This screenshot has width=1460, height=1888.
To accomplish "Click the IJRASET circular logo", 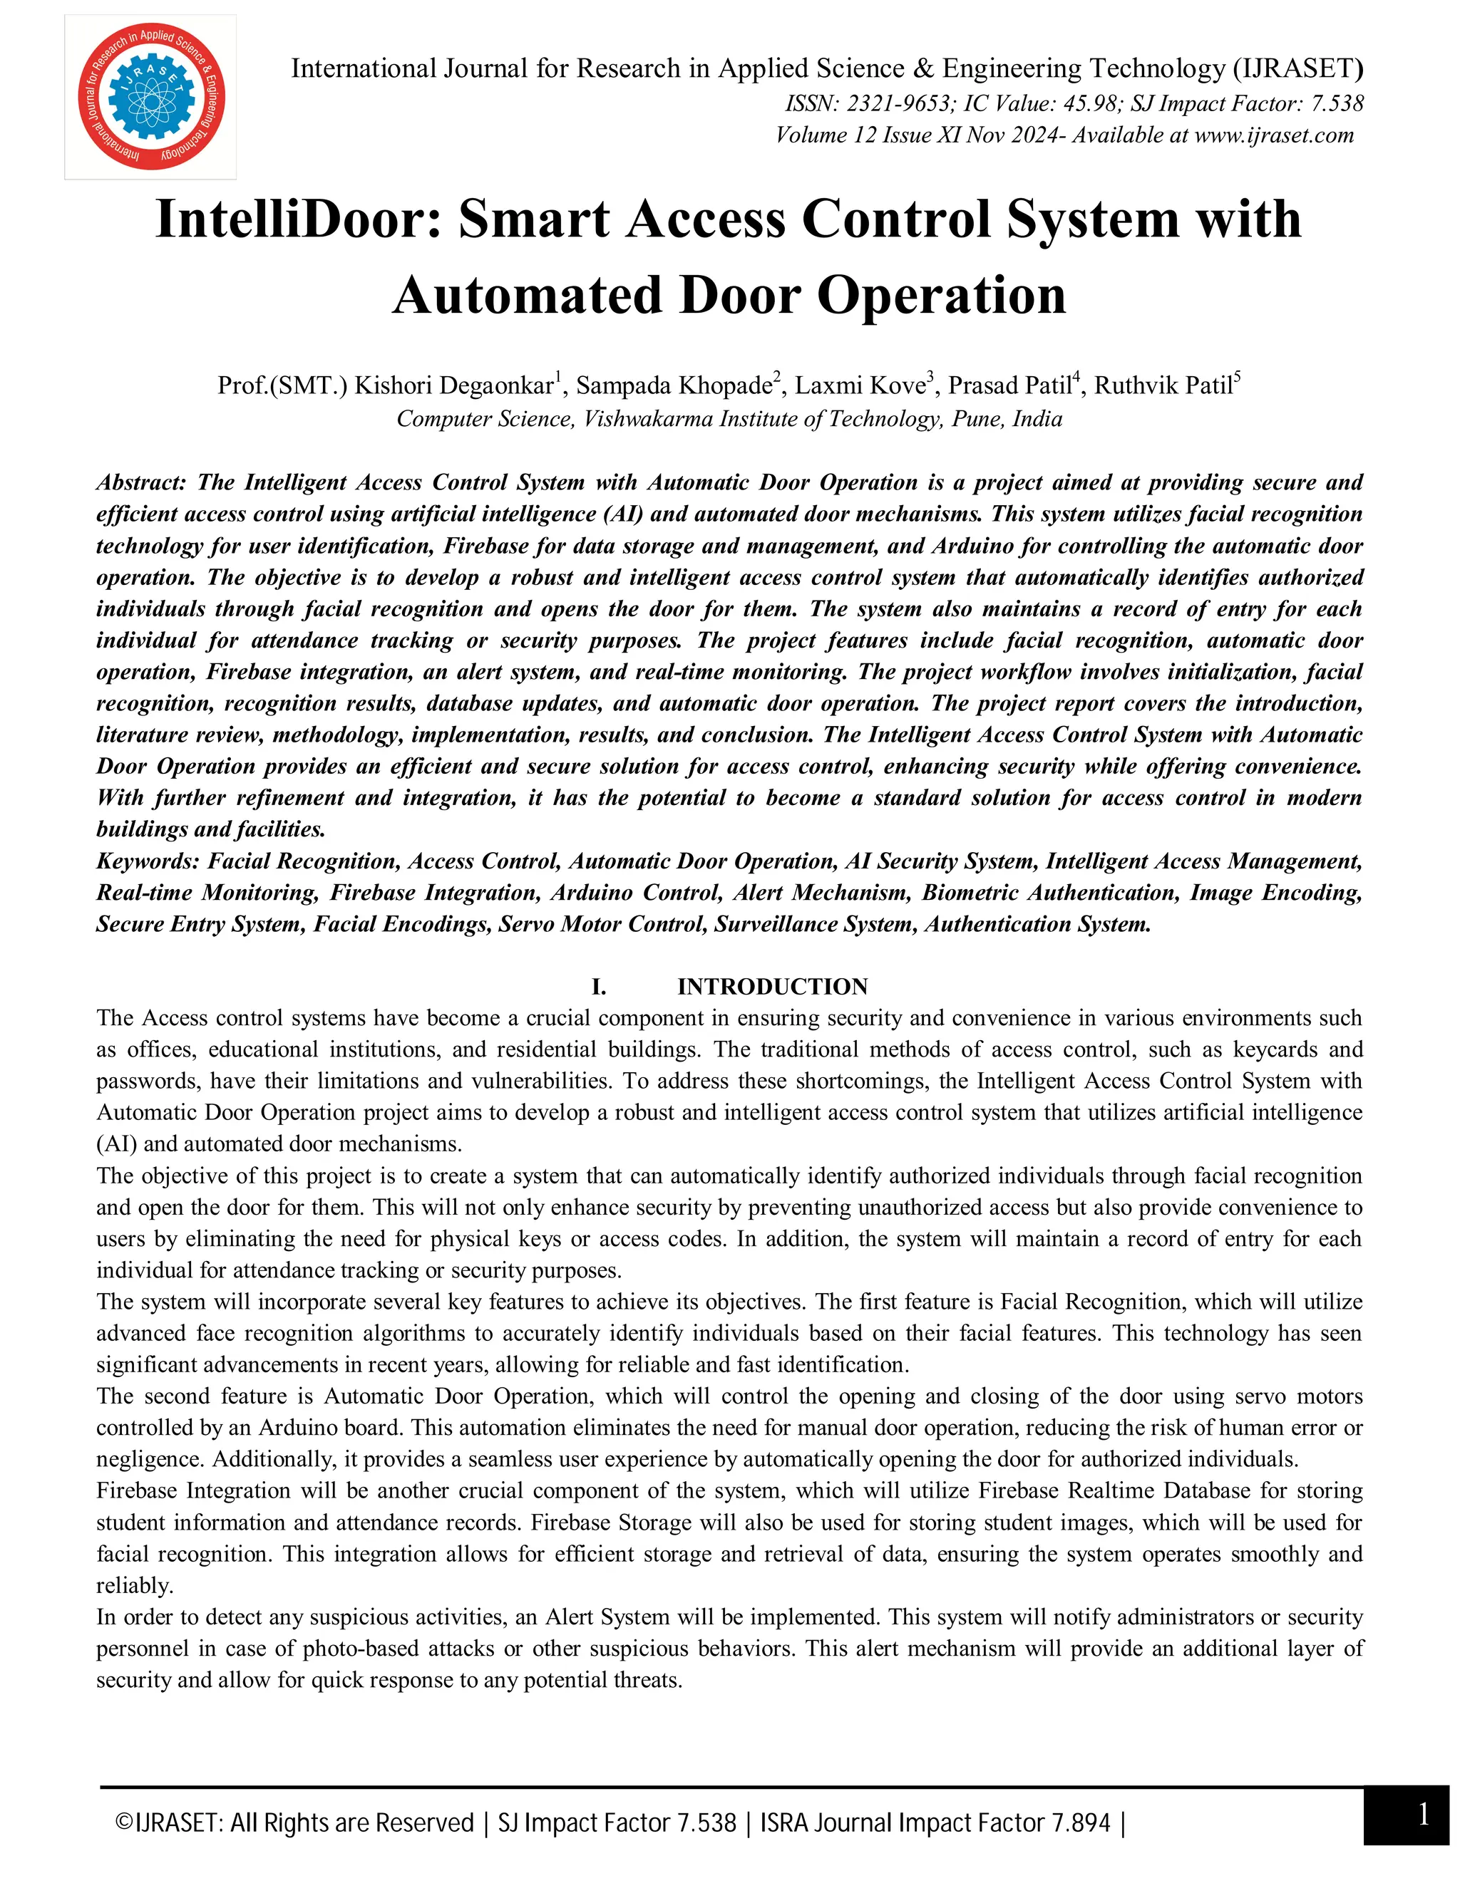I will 150,97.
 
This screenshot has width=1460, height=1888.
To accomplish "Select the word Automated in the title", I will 528,296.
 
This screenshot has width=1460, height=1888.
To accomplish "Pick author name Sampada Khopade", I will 674,385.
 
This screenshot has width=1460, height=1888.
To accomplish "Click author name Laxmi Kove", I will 860,385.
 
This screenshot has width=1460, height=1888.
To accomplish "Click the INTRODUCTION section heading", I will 771,986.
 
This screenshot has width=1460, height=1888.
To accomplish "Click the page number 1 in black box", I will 1423,1814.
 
